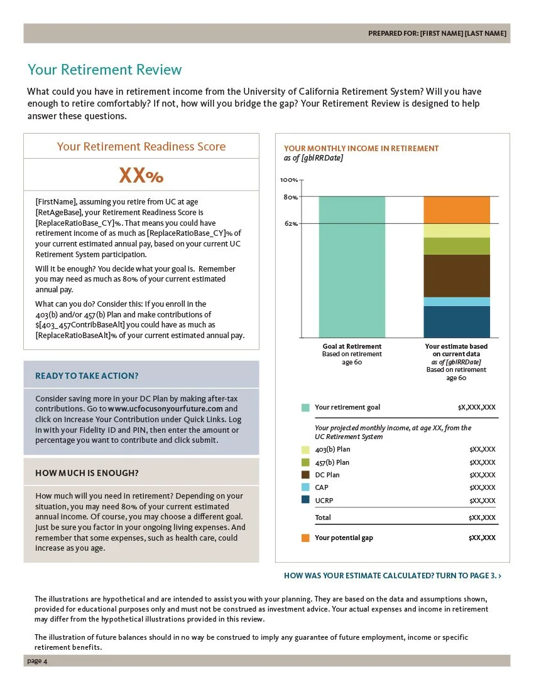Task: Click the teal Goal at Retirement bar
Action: coord(352,267)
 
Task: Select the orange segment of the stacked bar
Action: coord(457,210)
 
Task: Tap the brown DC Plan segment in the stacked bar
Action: coord(457,275)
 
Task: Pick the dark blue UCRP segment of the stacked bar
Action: coord(457,322)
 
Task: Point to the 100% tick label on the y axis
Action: coord(289,180)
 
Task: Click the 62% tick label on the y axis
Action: coord(291,223)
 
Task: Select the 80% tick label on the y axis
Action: coord(291,197)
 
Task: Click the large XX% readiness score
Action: coord(141,176)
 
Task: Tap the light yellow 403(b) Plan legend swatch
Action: coord(305,450)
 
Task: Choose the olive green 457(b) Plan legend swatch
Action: coord(305,462)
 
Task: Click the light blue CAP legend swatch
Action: coord(305,487)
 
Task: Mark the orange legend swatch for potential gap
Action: coord(305,538)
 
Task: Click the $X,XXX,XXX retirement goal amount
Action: coord(477,408)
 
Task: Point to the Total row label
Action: coord(323,517)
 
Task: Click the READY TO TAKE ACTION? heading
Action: coord(87,376)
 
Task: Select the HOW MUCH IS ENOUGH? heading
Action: coord(87,473)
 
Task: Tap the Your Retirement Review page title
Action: coord(104,70)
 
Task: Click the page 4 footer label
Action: coord(37,661)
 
